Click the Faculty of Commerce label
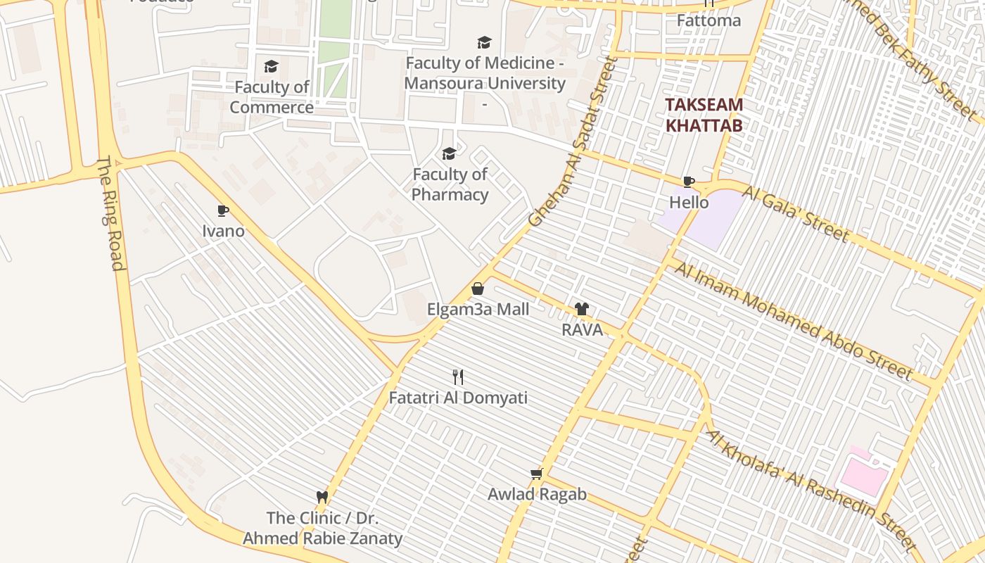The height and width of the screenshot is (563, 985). click(272, 97)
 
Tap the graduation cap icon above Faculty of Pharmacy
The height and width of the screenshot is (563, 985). click(449, 153)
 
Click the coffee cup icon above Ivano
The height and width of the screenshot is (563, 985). click(223, 210)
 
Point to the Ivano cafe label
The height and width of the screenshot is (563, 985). click(223, 231)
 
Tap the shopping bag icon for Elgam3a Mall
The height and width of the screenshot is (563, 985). click(478, 289)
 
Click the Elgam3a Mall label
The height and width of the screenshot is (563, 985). click(478, 309)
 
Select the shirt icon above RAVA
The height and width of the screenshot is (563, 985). click(581, 308)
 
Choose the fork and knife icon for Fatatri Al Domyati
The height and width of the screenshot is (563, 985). click(458, 377)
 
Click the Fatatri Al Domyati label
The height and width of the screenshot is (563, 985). click(458, 398)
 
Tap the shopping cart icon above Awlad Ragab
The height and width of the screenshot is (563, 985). click(537, 474)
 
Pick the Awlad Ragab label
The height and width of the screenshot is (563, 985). click(537, 494)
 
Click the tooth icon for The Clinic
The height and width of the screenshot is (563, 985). click(322, 497)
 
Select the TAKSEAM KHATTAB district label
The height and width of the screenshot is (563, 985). click(704, 115)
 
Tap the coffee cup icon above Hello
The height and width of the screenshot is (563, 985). click(689, 182)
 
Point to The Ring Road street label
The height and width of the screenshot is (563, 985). click(110, 213)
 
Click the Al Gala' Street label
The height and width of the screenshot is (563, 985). click(796, 213)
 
